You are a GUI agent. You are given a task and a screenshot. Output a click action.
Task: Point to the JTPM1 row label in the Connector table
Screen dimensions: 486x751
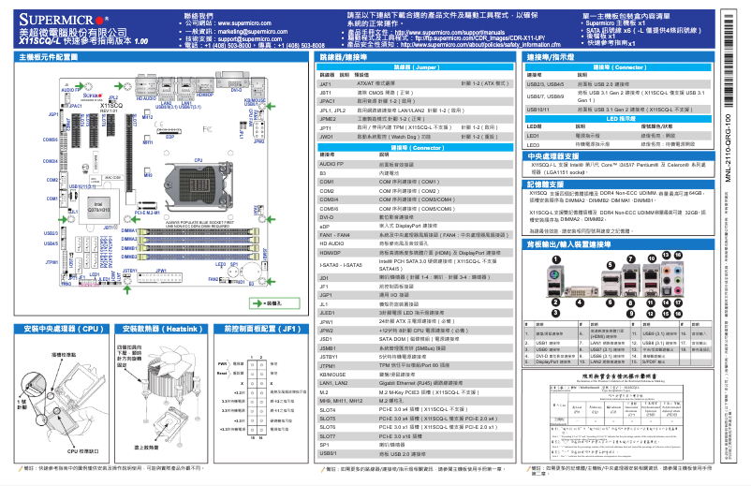click(x=328, y=363)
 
